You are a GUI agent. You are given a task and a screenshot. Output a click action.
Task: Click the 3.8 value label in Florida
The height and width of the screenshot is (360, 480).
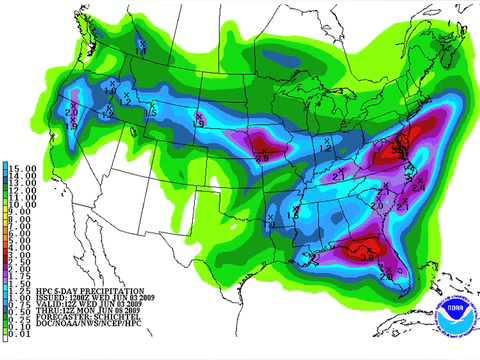(x=368, y=259)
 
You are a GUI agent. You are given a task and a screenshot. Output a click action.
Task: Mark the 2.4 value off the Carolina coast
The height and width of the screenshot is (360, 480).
(x=420, y=184)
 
